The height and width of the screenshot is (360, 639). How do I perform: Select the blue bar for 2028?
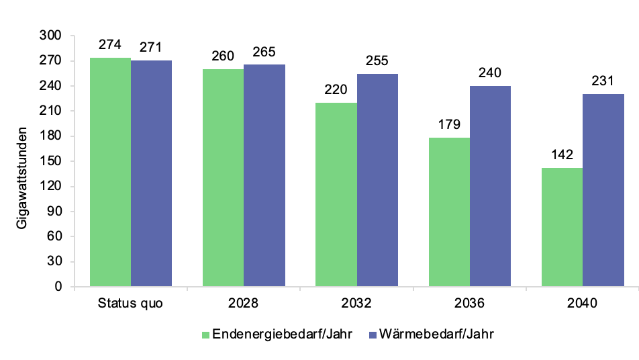(264, 175)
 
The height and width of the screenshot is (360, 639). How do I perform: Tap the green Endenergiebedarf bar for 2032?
(336, 195)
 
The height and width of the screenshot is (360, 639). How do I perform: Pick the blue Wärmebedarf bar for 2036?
(490, 186)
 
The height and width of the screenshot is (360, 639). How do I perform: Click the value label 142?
(562, 155)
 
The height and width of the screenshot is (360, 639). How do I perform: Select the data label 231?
(603, 81)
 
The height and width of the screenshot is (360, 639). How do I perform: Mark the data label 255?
(377, 61)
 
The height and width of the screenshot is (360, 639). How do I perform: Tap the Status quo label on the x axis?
(130, 303)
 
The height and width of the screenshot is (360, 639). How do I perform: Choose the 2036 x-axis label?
(469, 303)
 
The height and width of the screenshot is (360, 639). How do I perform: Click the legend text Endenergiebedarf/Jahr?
(282, 334)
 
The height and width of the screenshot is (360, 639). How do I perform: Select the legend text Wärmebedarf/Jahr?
(441, 334)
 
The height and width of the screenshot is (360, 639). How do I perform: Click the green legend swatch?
(205, 334)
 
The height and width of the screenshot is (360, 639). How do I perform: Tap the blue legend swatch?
(373, 334)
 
